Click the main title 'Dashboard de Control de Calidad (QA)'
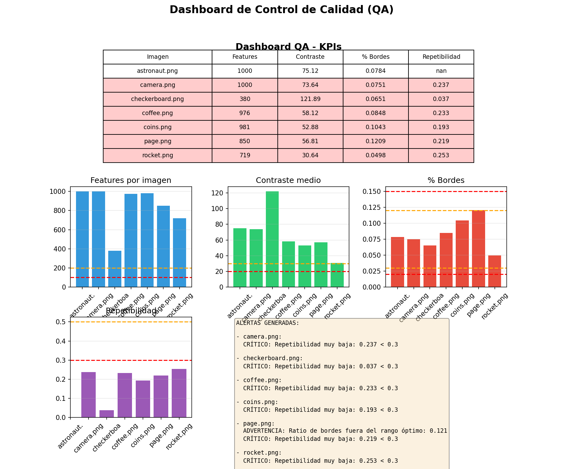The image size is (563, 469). [x=281, y=10]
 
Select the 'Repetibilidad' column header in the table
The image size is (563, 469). [x=441, y=57]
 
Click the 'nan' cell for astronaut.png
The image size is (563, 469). [x=441, y=71]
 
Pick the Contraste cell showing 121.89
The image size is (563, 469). [x=310, y=99]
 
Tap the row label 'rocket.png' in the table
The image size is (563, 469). [x=158, y=155]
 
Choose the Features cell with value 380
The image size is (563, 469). [x=245, y=99]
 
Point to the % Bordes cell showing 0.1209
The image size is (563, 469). [x=375, y=141]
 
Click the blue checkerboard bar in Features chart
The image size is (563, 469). [x=115, y=269]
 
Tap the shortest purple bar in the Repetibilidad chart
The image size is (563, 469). [x=107, y=414]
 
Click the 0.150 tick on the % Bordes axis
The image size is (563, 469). [x=372, y=191]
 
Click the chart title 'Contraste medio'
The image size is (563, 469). [x=288, y=180]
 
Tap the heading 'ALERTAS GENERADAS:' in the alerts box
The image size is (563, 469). [x=268, y=323]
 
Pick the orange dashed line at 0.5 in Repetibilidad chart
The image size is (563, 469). [x=131, y=322]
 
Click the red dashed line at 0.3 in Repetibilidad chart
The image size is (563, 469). [x=131, y=360]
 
